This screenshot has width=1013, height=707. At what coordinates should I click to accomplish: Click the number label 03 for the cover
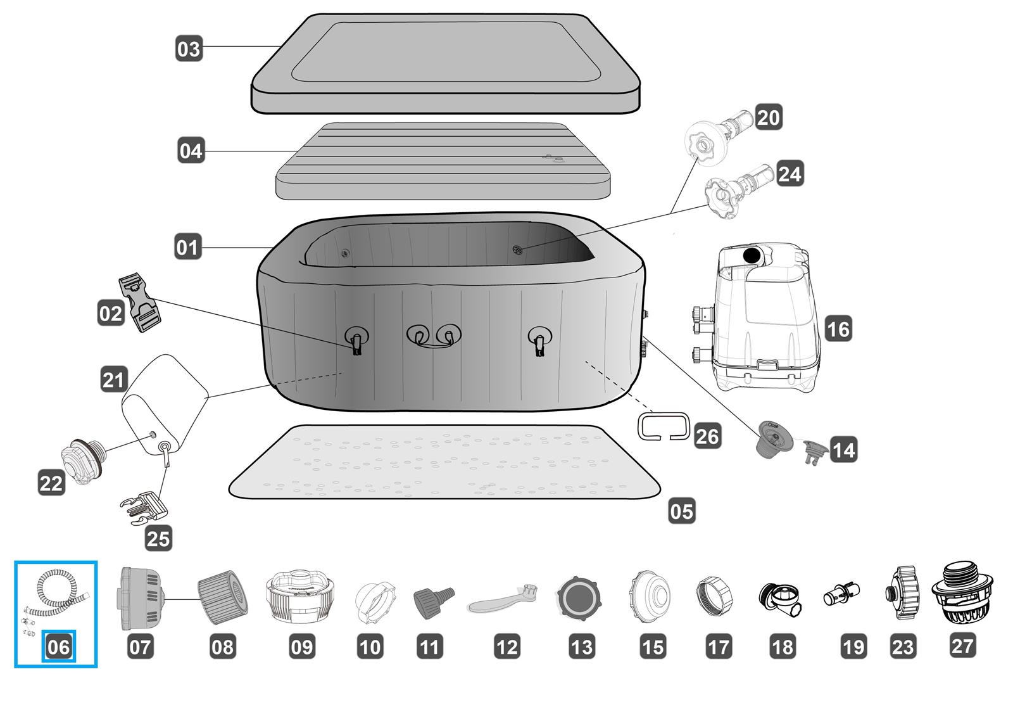[189, 49]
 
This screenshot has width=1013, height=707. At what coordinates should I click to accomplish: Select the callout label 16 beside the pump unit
[838, 329]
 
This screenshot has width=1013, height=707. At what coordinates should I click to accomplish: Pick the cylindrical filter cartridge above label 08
[223, 596]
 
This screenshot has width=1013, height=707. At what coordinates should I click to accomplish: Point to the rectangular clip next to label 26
[663, 425]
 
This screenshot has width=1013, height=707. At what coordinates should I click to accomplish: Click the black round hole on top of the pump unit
[752, 255]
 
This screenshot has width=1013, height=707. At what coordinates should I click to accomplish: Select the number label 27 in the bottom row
[962, 646]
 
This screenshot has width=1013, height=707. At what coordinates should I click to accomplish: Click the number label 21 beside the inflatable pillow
[114, 380]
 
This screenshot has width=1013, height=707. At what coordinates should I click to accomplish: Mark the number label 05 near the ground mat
[682, 511]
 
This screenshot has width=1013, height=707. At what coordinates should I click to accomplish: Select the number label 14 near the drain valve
[843, 450]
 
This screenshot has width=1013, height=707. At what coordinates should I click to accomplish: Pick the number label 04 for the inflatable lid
[191, 151]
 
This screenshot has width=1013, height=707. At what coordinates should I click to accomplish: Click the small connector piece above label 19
[841, 595]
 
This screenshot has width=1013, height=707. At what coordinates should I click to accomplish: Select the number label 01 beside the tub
[187, 247]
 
